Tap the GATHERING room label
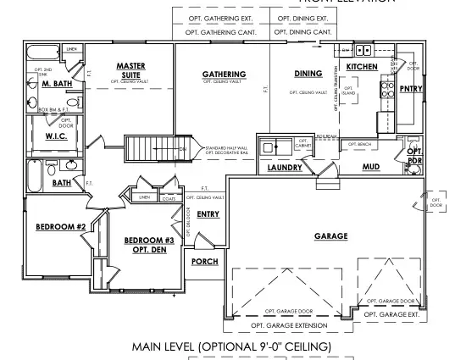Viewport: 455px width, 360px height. coord(224,75)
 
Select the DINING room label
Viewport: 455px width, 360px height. coord(307,74)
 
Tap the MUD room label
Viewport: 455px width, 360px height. coord(369,168)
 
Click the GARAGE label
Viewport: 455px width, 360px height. coord(330,236)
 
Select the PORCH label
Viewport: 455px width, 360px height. coord(204,262)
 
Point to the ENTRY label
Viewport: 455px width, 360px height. coord(208,214)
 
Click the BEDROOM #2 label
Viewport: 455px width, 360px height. coord(55,227)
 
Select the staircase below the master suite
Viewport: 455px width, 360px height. coord(149,149)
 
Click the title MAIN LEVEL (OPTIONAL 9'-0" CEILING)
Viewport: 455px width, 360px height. coord(226,347)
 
